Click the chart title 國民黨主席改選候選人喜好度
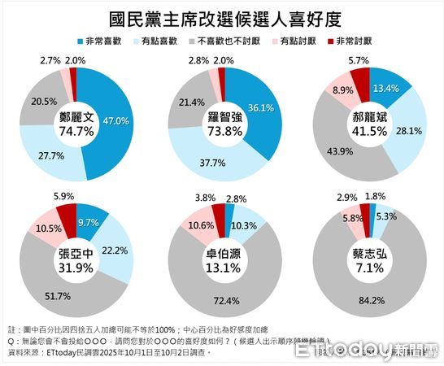(x=222, y=18)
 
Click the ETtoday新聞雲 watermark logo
(x=366, y=350)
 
